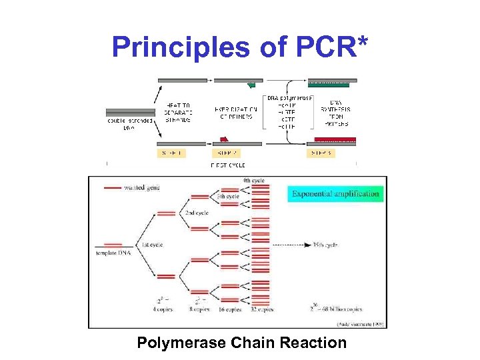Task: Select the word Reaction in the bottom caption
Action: point(313,343)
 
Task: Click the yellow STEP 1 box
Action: point(172,152)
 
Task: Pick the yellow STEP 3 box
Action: point(323,152)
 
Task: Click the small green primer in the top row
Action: point(251,85)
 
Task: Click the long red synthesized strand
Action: point(335,140)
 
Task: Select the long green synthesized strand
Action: point(328,85)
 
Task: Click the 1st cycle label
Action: point(153,245)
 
